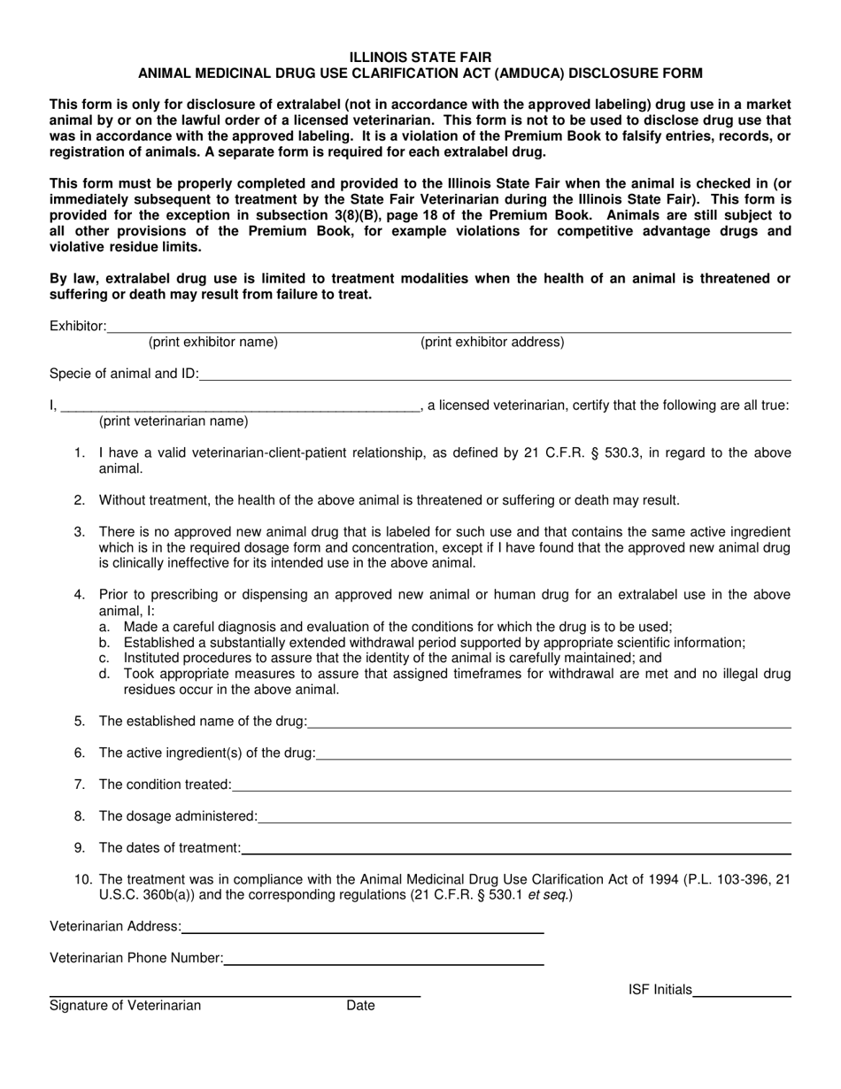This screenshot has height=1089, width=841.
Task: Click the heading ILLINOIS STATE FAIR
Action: point(420,58)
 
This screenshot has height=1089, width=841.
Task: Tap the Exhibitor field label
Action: point(78,327)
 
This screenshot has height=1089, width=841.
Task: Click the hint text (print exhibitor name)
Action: point(212,342)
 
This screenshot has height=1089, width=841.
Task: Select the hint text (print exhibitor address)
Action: point(492,342)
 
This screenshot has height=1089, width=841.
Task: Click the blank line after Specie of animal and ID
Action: point(496,375)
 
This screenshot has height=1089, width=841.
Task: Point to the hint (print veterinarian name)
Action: point(174,421)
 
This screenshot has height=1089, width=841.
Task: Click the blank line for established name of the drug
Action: point(549,722)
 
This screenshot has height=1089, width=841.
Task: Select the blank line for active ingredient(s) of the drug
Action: point(553,754)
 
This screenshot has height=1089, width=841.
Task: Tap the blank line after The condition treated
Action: point(511,785)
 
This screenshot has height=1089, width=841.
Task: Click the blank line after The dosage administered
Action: point(524,817)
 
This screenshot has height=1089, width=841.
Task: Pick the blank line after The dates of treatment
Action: point(515,849)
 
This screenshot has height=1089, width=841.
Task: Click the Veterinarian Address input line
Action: point(363,928)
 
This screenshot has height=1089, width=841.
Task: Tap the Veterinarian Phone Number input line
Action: point(383,959)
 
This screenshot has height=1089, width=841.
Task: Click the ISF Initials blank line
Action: point(742,992)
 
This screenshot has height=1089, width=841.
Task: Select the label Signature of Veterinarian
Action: point(125,1006)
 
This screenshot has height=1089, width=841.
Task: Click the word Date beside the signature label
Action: point(360,1006)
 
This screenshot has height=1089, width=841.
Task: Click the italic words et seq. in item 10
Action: point(552,895)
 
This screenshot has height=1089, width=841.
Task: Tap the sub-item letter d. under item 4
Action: point(104,674)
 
